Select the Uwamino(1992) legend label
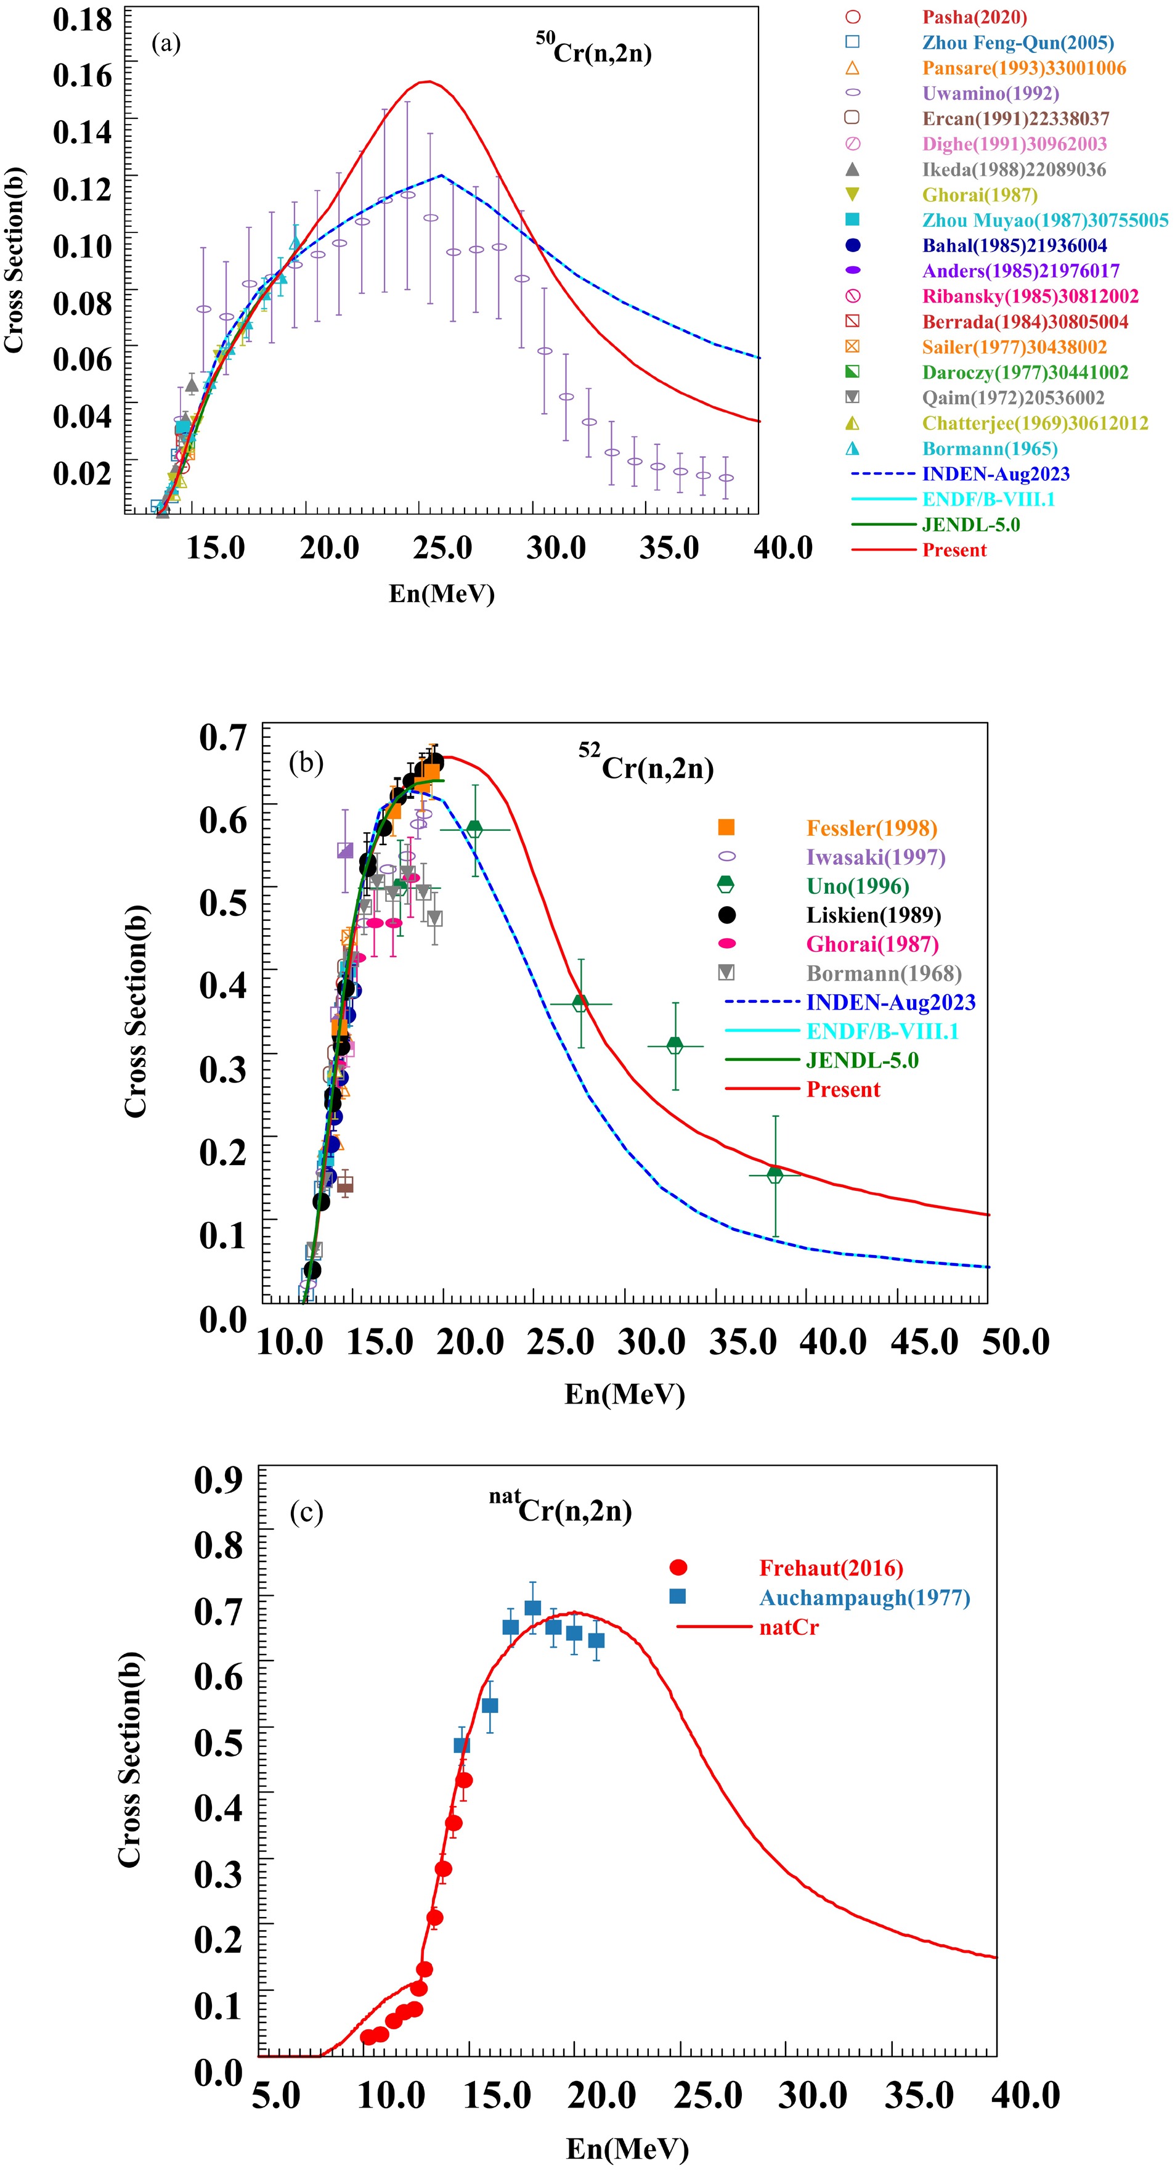click(x=991, y=94)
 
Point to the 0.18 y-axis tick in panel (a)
click(x=82, y=18)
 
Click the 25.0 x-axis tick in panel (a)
click(x=442, y=548)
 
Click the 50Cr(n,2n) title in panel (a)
click(x=594, y=51)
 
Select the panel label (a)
click(x=166, y=44)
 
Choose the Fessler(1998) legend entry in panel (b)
click(x=872, y=828)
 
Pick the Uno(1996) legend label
click(x=858, y=886)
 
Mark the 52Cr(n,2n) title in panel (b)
click(x=646, y=765)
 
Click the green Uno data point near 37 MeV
click(x=775, y=1174)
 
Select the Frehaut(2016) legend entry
click(x=831, y=1568)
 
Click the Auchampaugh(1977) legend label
click(x=864, y=1598)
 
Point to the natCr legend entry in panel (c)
click(x=789, y=1627)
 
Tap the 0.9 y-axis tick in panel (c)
click(x=218, y=1478)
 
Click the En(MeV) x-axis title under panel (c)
click(x=627, y=2148)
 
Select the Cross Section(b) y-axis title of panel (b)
click(x=136, y=1012)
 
